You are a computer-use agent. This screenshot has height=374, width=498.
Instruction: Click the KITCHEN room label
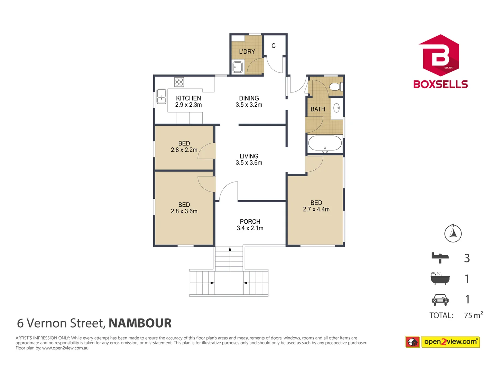[188, 98]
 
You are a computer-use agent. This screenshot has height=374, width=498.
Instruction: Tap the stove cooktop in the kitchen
[179, 82]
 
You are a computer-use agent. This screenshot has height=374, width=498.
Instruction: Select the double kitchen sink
[161, 96]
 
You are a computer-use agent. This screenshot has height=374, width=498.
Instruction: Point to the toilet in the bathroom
[335, 86]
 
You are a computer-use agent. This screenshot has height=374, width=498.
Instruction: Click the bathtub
[325, 143]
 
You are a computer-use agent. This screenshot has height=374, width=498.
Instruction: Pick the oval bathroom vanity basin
[336, 108]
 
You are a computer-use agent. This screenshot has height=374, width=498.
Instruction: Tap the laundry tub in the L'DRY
[238, 67]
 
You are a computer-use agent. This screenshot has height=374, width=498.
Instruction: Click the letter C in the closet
[274, 46]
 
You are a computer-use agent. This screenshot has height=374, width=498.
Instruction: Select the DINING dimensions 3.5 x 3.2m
[249, 105]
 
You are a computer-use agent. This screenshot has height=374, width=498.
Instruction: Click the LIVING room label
[249, 156]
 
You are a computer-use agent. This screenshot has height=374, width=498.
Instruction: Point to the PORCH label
[250, 222]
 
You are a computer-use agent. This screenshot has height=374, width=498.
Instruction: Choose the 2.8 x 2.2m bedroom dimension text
[184, 150]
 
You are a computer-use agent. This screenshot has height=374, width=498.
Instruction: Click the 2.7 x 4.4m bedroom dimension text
[316, 210]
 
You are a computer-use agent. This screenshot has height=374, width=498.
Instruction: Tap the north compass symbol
[453, 233]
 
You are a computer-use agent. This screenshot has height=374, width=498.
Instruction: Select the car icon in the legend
[440, 300]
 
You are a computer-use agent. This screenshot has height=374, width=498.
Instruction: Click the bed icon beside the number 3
[440, 257]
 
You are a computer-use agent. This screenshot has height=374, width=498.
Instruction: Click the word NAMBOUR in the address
[140, 323]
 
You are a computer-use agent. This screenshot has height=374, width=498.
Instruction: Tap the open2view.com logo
[450, 342]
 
